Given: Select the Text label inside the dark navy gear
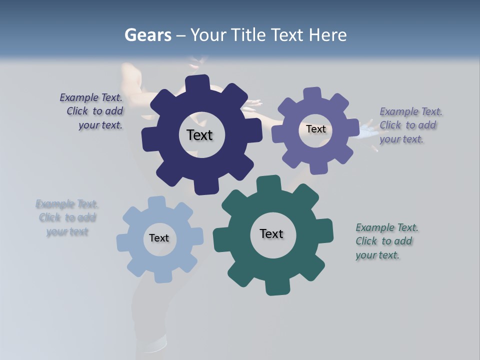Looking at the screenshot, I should [199, 135].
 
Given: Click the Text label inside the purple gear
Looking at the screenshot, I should [315, 129].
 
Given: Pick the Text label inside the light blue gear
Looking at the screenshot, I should [159, 238].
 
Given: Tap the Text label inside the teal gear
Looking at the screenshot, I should [271, 234].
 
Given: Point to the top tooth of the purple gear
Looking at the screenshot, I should [312, 94].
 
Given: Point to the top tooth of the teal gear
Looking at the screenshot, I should [268, 183].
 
